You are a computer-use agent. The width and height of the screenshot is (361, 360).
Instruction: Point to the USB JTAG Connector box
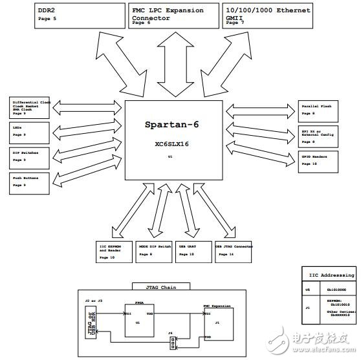click(234, 253)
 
